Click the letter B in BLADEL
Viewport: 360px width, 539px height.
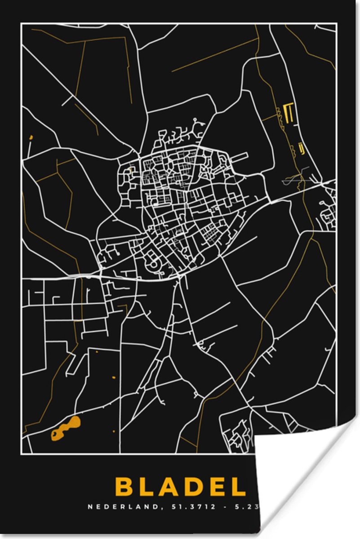tap(124, 486)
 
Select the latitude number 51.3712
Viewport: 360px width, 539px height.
tap(189, 507)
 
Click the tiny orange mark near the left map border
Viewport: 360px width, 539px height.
tap(31, 137)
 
